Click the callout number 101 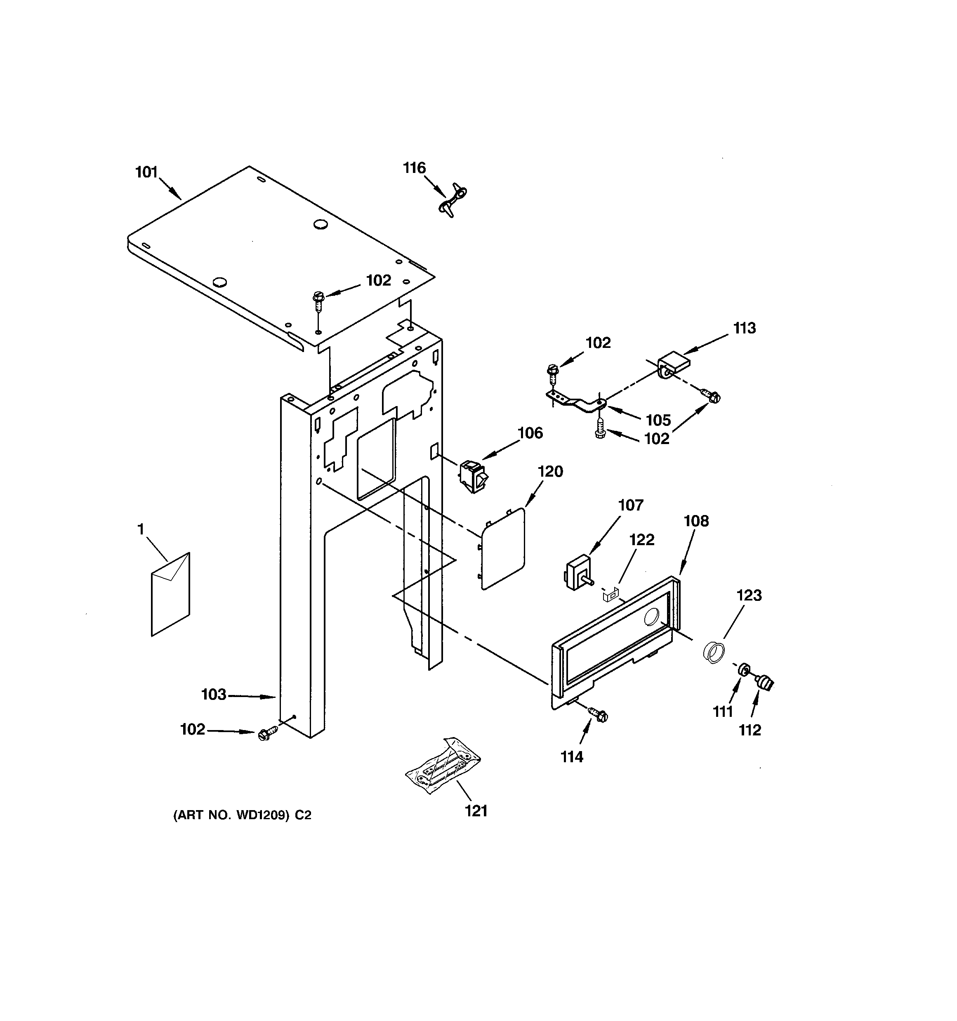[x=146, y=172]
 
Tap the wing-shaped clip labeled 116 [x=452, y=200]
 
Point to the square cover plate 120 [x=502, y=548]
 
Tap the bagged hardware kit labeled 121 [x=443, y=769]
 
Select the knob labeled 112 [x=766, y=683]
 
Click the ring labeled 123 [x=714, y=652]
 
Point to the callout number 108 [x=696, y=521]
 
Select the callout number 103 [x=214, y=695]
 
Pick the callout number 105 [x=658, y=420]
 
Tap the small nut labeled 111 [x=742, y=670]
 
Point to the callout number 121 [x=476, y=811]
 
